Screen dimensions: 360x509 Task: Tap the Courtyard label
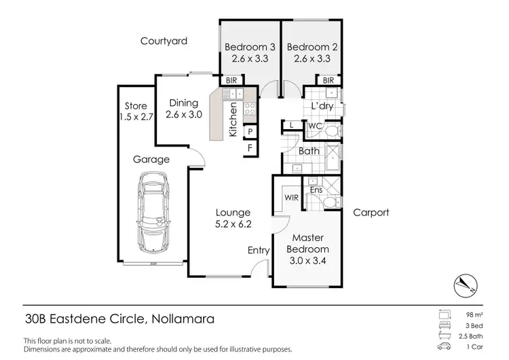(x=164, y=41)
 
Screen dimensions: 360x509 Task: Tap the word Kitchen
(x=233, y=120)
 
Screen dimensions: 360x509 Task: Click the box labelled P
(x=250, y=132)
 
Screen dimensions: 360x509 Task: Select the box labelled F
(x=250, y=147)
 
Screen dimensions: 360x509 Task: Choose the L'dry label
(x=322, y=107)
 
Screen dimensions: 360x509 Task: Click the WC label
(x=314, y=126)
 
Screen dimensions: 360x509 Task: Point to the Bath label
(x=309, y=151)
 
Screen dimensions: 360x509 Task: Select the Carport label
(x=371, y=213)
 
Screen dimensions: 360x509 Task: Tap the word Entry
(x=259, y=251)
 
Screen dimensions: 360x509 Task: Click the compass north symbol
(x=465, y=283)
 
